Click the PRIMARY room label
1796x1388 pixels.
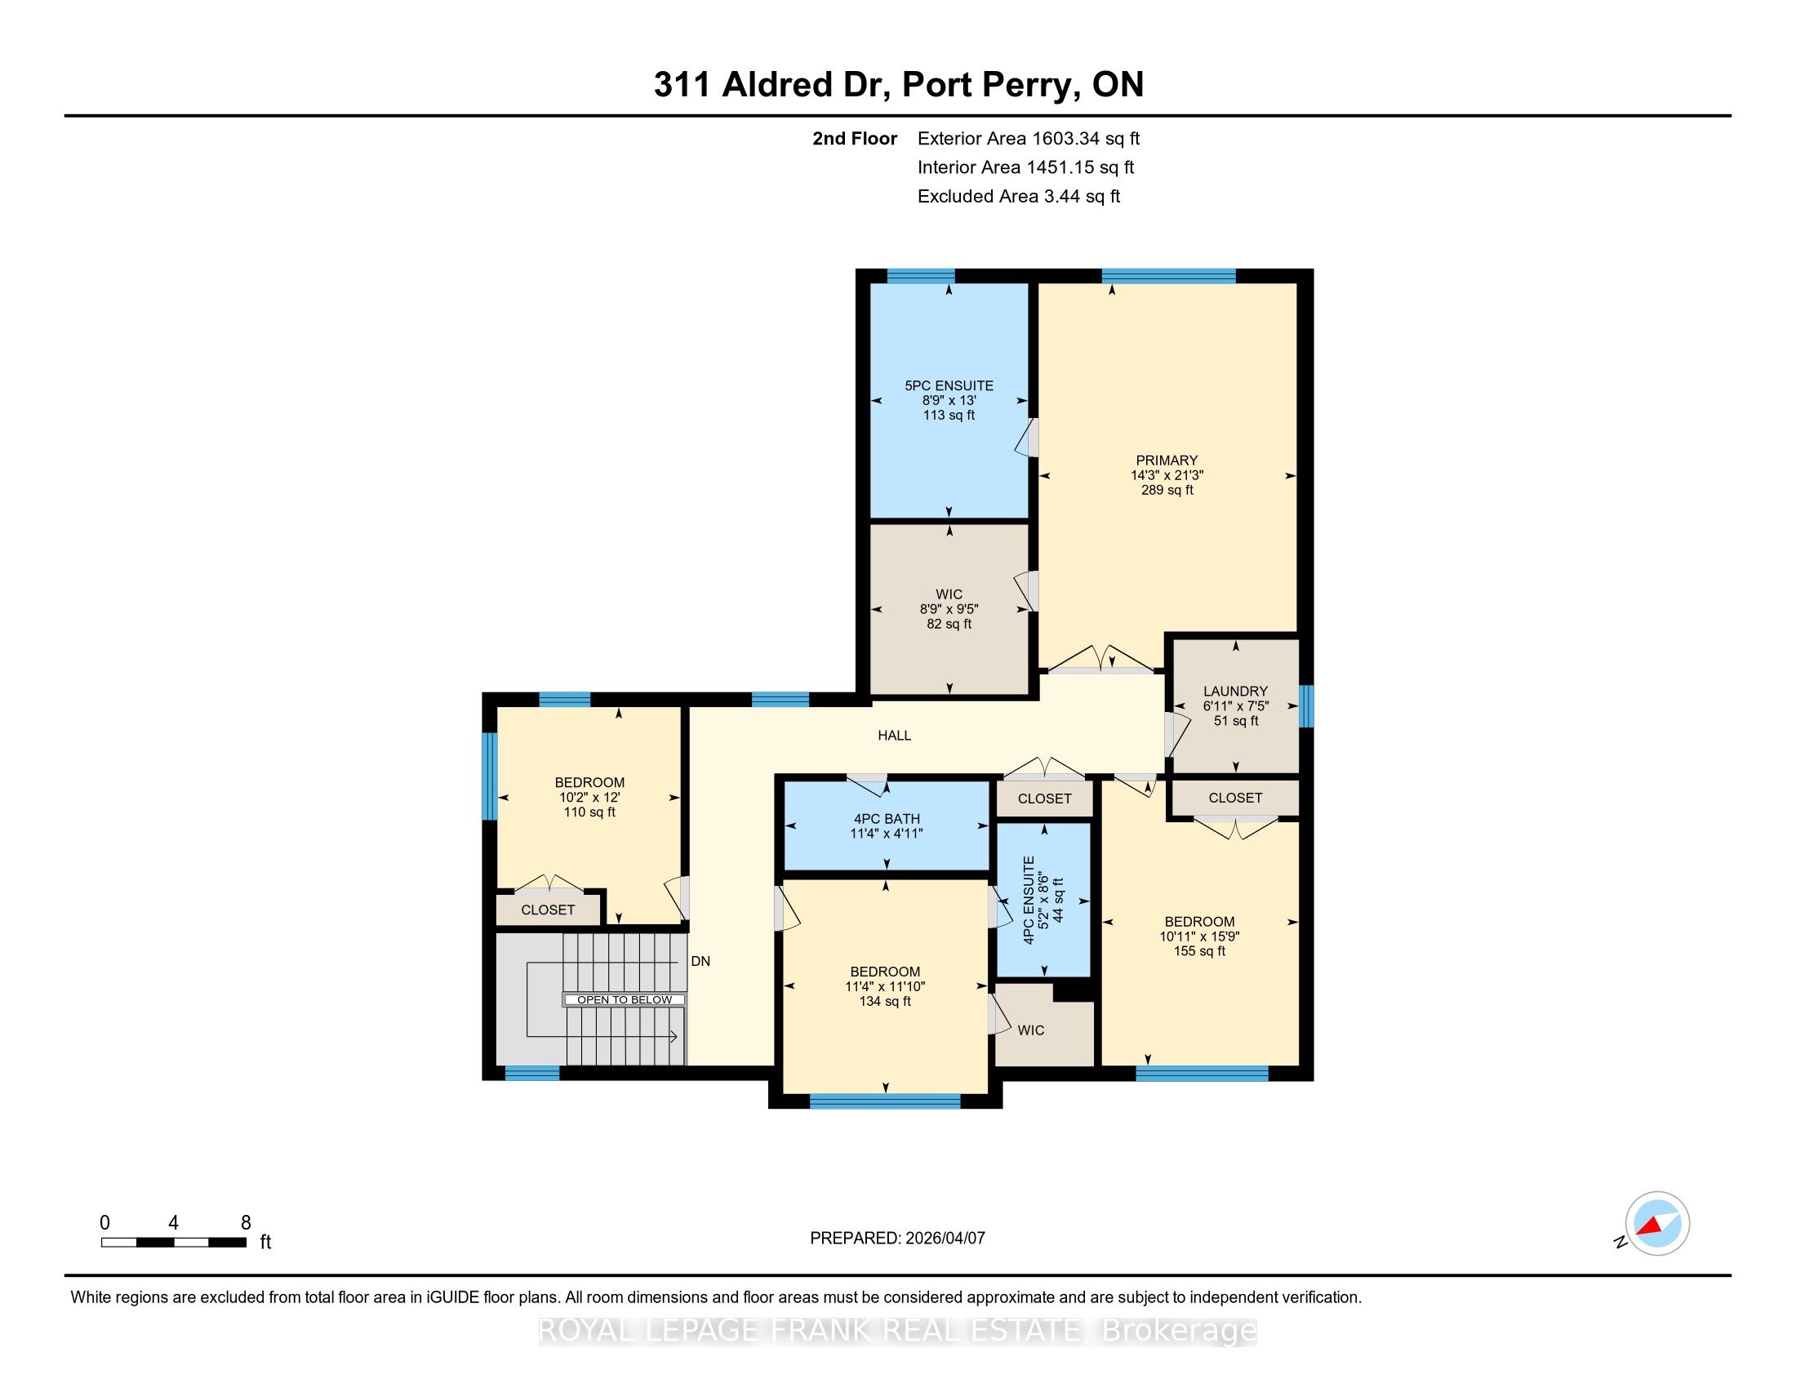click(1166, 460)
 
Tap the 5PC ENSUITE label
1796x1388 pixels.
click(949, 385)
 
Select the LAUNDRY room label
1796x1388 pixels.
click(1235, 692)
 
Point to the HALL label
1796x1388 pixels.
click(895, 736)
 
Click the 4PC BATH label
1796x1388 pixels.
click(887, 819)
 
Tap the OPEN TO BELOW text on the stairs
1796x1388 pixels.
click(625, 1000)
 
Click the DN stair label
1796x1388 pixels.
click(700, 961)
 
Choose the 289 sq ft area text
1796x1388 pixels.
click(1167, 490)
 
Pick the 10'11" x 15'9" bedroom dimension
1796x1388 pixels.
click(1200, 936)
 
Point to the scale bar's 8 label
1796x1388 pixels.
click(245, 1223)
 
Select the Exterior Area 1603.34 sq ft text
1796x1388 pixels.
click(1029, 139)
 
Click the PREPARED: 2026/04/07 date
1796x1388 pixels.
click(897, 1239)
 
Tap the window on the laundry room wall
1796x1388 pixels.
click(1306, 706)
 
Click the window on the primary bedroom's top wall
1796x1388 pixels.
click(1168, 276)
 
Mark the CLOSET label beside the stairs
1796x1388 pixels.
click(548, 910)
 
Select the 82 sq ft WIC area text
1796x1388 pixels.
click(949, 624)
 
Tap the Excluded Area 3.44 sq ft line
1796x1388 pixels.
click(1019, 197)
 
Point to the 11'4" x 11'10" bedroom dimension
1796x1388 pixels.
click(885, 987)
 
